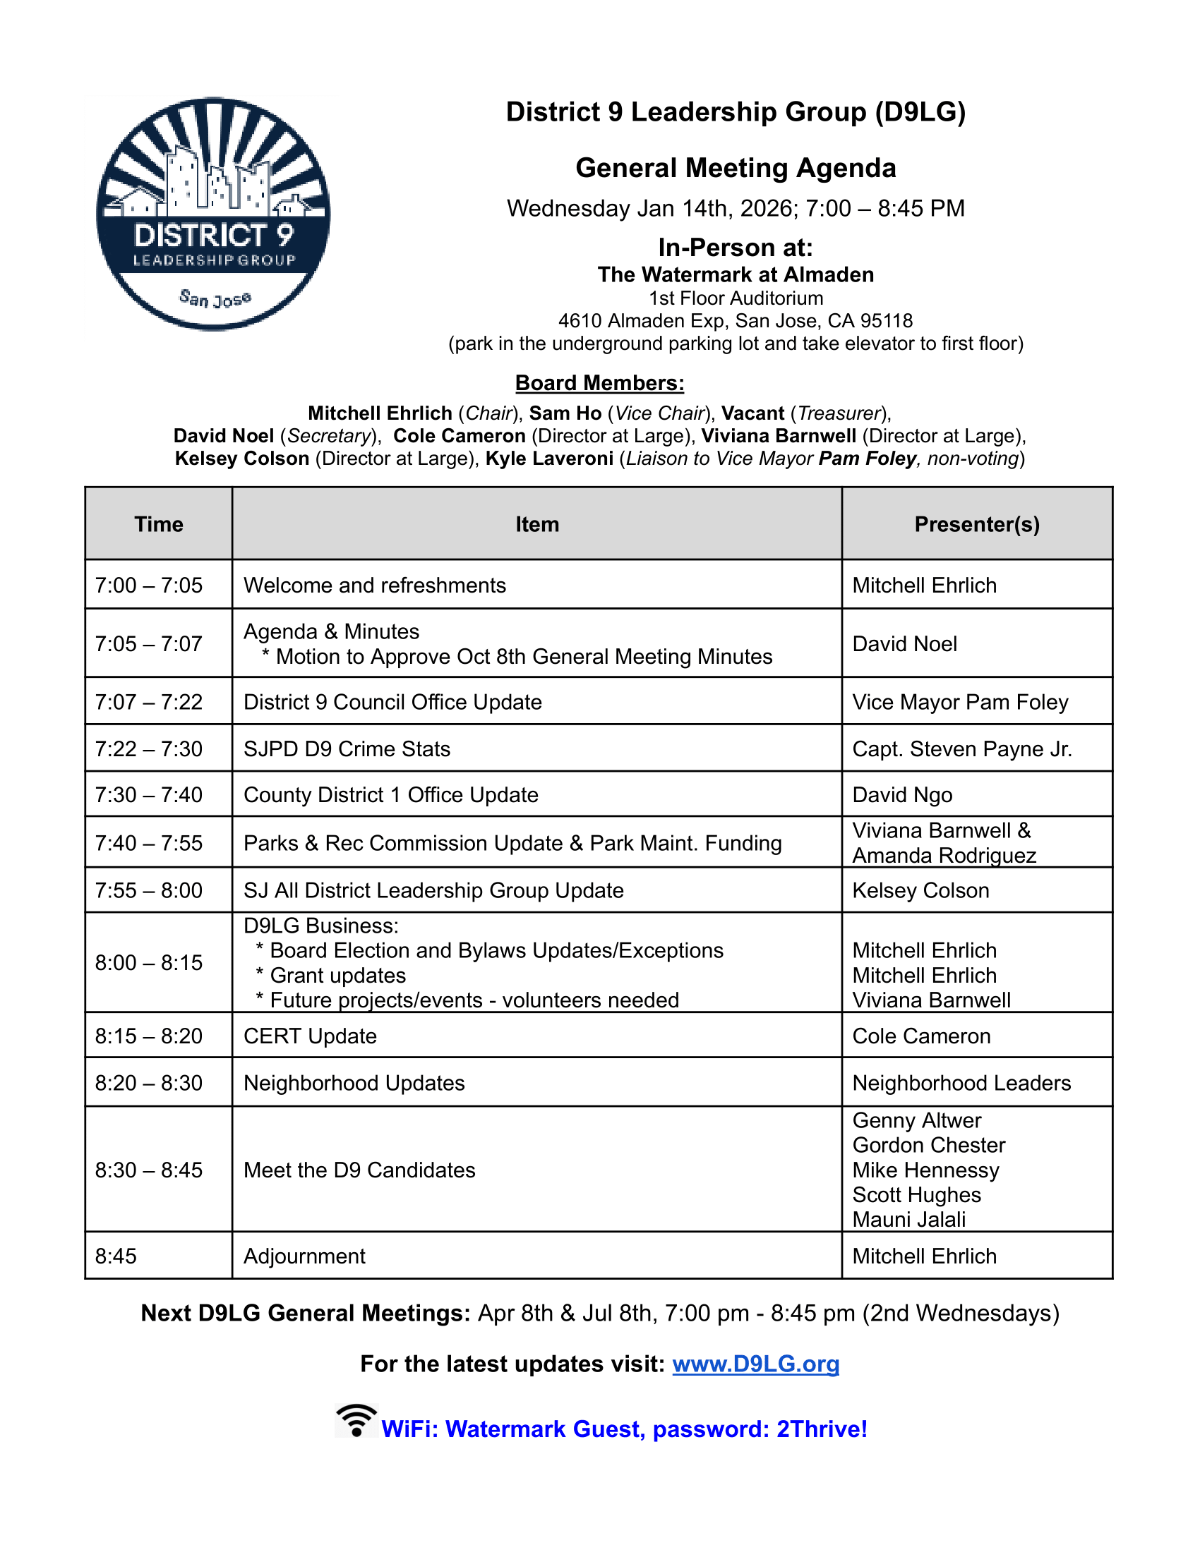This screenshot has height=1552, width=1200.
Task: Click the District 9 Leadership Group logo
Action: [x=213, y=213]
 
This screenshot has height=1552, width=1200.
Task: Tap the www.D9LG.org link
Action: [x=755, y=1364]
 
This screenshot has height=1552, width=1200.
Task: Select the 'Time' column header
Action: [x=159, y=524]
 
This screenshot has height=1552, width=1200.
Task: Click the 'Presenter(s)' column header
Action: [x=977, y=524]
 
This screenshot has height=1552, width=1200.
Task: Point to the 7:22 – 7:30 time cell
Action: [x=149, y=749]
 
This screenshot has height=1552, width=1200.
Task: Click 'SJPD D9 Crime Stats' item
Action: [x=347, y=749]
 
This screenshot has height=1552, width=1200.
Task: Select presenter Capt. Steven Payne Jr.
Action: [x=962, y=749]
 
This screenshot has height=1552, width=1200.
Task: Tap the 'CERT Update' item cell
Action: [x=310, y=1036]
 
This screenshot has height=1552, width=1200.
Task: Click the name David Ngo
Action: [x=902, y=795]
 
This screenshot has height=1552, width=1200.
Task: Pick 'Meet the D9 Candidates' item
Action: [x=359, y=1170]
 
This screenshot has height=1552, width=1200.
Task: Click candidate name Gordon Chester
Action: [x=928, y=1146]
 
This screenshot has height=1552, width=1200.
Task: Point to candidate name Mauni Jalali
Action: [x=908, y=1220]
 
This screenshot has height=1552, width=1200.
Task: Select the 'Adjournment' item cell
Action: [x=304, y=1256]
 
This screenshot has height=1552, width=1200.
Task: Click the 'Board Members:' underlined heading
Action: [x=599, y=383]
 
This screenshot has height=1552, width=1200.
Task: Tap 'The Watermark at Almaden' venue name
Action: [x=736, y=275]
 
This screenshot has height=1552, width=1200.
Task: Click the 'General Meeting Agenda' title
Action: [x=736, y=169]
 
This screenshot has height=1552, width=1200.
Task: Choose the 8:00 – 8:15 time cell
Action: [x=149, y=963]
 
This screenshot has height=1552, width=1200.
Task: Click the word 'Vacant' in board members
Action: [x=753, y=413]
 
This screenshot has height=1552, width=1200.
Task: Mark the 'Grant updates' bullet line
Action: [x=337, y=976]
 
